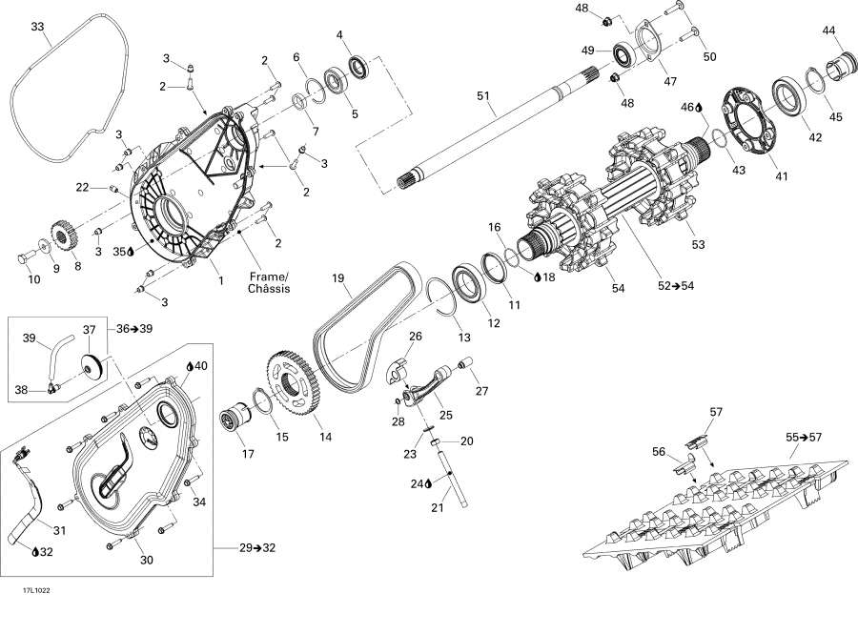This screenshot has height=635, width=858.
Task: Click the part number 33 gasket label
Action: click(37, 27)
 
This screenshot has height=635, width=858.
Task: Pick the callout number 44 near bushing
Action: click(828, 31)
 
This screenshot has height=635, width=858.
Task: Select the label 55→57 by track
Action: click(805, 437)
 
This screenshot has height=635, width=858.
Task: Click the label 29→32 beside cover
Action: click(257, 547)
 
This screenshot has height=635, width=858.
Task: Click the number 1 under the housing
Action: click(220, 280)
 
